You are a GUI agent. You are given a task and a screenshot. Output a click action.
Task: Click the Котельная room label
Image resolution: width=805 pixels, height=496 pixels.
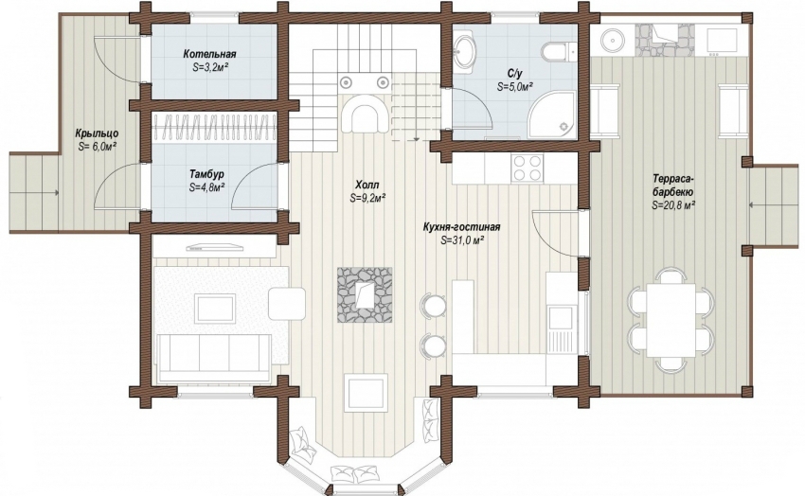(x=209, y=54)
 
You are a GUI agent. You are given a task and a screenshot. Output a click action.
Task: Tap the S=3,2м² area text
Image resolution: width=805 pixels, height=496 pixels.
(x=210, y=66)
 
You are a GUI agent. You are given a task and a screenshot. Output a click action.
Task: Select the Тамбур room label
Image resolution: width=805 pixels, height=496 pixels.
(x=206, y=174)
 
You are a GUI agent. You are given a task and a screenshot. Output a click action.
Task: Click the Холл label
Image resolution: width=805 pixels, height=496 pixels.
(x=367, y=185)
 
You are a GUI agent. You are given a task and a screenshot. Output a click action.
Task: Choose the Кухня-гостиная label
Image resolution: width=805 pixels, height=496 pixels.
(x=461, y=227)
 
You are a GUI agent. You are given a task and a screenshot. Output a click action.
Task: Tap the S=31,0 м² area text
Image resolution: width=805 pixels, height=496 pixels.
(x=462, y=239)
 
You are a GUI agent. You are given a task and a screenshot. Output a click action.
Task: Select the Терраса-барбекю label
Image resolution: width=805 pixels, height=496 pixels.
(x=673, y=186)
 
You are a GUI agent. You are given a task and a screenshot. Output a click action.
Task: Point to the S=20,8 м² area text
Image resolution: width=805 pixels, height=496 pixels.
(x=673, y=205)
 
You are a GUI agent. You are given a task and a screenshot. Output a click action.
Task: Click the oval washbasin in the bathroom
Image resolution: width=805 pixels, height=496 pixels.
(x=466, y=52)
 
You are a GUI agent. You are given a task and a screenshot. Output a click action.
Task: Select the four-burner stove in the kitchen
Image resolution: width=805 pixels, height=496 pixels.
(x=527, y=168)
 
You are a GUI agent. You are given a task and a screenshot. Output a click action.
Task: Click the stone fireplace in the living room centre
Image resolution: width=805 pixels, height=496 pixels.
(x=365, y=295)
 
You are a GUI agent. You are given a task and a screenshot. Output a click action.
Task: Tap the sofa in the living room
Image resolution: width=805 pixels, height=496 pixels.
(x=215, y=357)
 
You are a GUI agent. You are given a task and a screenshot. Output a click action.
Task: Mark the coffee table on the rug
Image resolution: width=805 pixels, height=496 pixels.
(x=215, y=308)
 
